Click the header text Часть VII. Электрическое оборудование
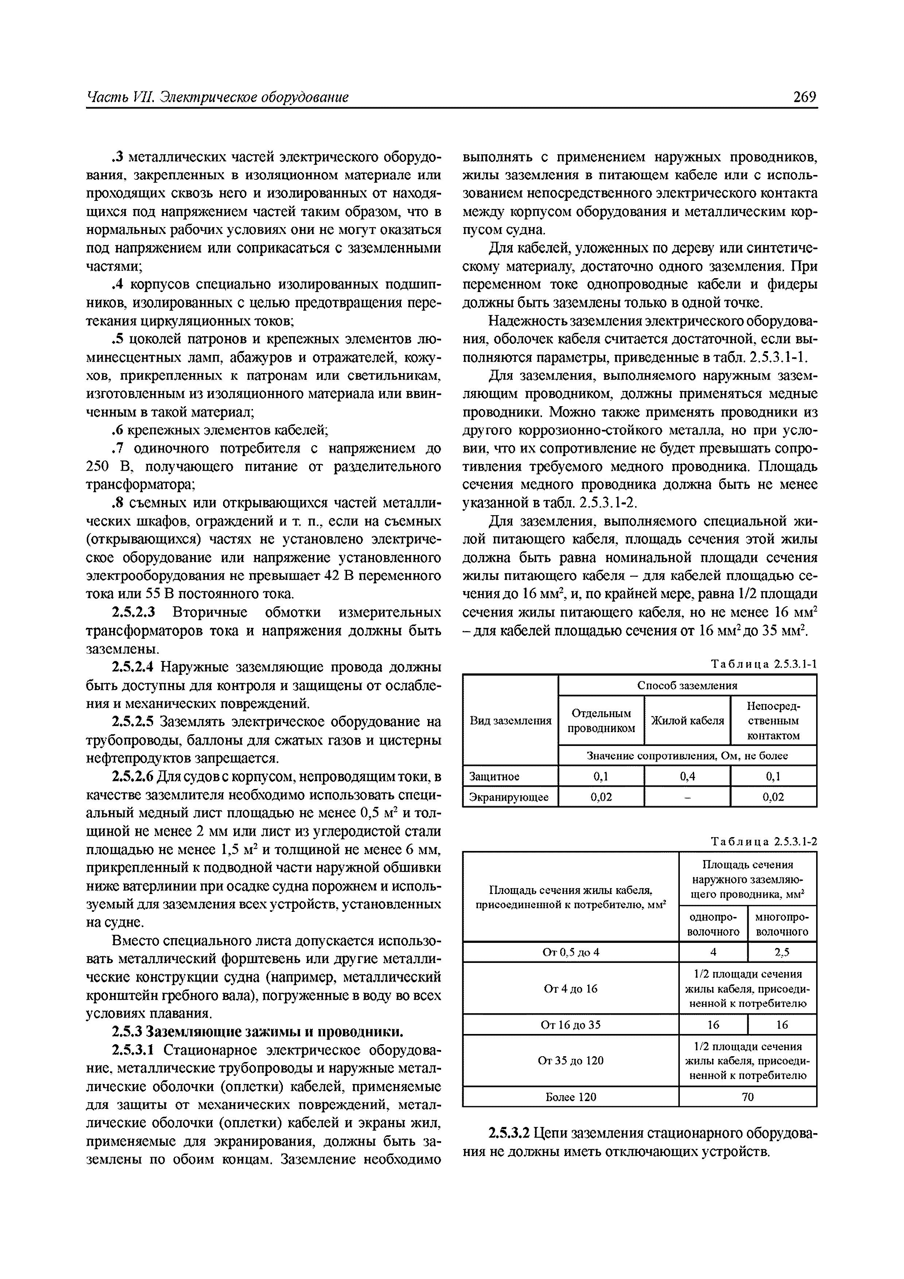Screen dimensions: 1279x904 (218, 97)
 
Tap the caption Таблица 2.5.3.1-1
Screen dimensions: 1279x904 (764, 665)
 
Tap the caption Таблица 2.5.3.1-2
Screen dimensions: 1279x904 (764, 842)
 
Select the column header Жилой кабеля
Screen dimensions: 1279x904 (687, 721)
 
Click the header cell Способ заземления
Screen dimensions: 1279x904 (687, 685)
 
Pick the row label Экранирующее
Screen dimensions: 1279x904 (509, 797)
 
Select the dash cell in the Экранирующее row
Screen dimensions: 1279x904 (687, 797)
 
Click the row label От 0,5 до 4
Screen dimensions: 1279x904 (570, 952)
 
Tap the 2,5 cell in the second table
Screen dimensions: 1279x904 (782, 952)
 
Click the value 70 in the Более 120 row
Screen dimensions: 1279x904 (748, 1097)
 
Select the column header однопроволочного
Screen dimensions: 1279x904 (713, 924)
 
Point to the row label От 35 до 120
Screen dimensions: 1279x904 (570, 1061)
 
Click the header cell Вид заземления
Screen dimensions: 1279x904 (510, 721)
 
